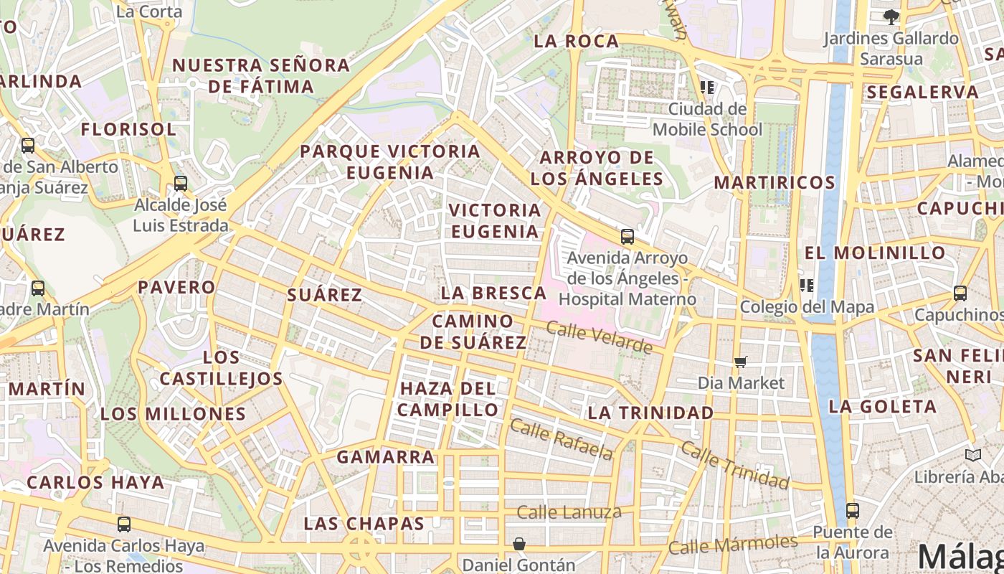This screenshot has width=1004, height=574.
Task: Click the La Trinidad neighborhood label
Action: [x=650, y=413]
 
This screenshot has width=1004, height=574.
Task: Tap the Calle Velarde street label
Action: [x=600, y=338]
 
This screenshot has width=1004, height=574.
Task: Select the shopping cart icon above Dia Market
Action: [x=741, y=362]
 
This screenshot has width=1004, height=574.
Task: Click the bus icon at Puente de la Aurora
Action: [x=852, y=511]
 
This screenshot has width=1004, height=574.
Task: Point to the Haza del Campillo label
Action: [x=448, y=399]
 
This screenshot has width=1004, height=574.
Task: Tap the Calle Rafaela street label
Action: [x=562, y=438]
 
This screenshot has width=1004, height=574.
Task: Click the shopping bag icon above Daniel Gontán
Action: [x=518, y=545]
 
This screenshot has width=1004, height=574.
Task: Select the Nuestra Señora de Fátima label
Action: [x=261, y=76]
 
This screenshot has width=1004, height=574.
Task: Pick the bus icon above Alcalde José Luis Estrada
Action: [x=181, y=184]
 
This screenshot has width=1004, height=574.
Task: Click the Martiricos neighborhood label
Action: [x=775, y=182]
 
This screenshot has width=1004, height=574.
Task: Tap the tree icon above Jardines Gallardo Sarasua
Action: [x=891, y=17]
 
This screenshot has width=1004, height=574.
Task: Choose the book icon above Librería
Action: [x=973, y=455]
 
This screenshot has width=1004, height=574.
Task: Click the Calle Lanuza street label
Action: [x=569, y=512]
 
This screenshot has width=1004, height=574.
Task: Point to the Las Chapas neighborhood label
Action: [x=364, y=524]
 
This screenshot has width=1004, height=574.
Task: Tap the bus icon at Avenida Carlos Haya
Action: [x=124, y=524]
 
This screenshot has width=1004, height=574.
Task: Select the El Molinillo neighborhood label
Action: [x=875, y=253]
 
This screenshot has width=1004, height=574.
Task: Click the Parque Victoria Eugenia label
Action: [x=390, y=162]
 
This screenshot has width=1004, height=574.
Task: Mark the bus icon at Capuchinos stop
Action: [x=960, y=293]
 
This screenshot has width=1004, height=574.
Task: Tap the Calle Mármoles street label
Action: [x=732, y=545]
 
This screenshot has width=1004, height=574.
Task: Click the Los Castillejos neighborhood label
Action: [x=221, y=368]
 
